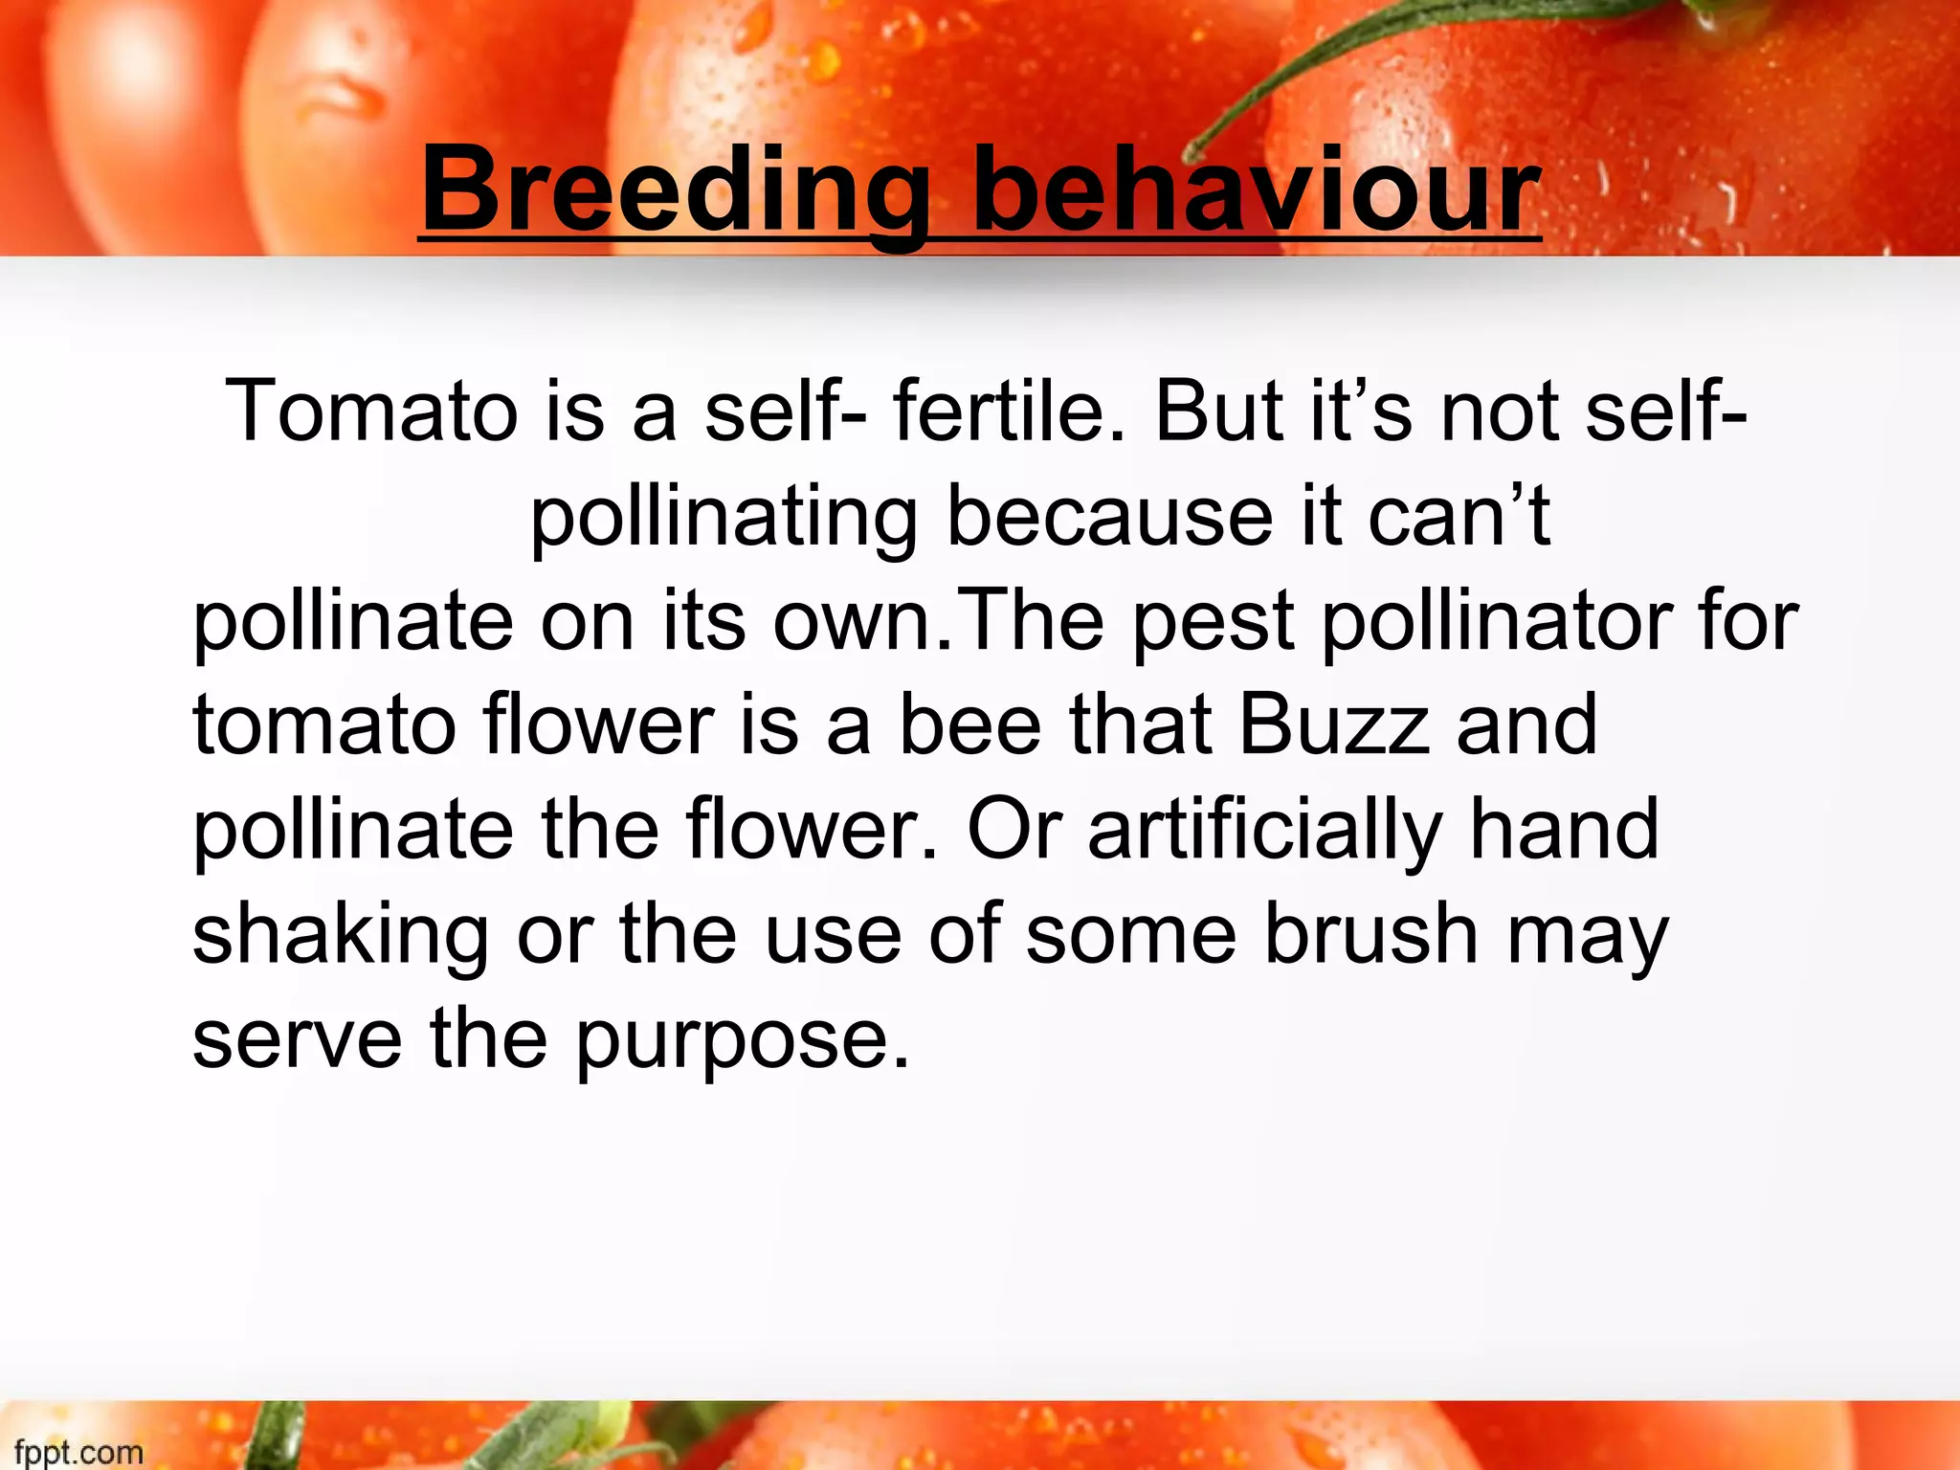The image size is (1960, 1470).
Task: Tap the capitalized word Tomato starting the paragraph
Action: click(x=371, y=412)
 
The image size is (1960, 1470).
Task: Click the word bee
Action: click(x=969, y=724)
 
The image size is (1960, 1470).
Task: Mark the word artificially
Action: click(x=1264, y=832)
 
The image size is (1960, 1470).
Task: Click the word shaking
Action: click(x=341, y=937)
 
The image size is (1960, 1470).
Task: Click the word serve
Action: click(x=298, y=1042)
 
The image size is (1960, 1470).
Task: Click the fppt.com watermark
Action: click(x=78, y=1452)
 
